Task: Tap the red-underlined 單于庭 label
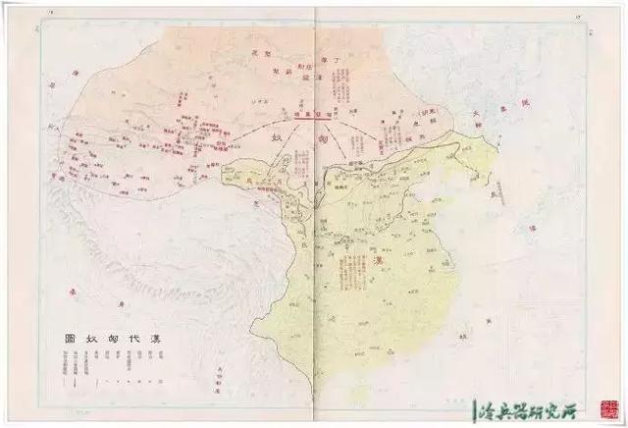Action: pyautogui.click(x=311, y=114)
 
